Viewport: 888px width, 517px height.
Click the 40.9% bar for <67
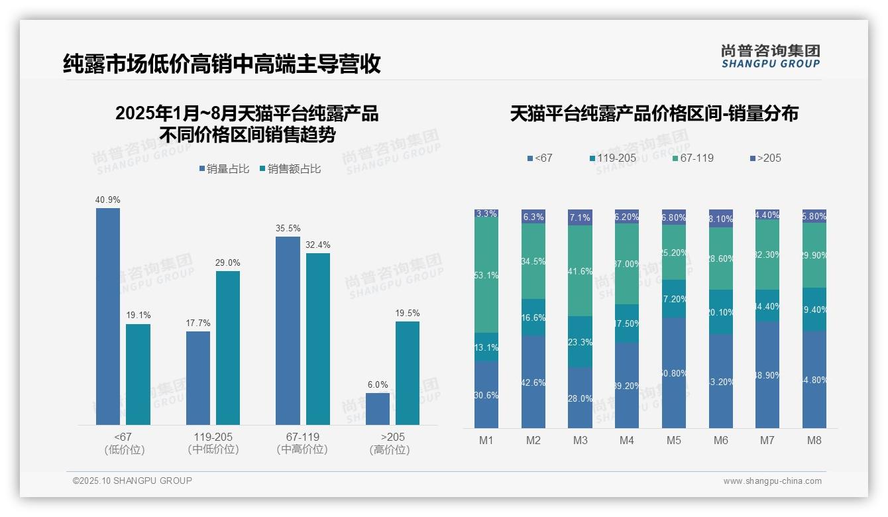[108, 316]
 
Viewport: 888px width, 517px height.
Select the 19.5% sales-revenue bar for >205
[408, 373]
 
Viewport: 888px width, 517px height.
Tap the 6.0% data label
[378, 384]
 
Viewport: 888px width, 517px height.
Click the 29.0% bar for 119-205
[228, 347]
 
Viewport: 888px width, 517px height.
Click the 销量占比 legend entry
[224, 169]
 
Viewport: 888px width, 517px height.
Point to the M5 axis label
[674, 440]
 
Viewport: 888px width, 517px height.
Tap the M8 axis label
[814, 440]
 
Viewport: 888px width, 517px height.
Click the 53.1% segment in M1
[486, 275]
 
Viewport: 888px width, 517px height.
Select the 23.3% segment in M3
[580, 342]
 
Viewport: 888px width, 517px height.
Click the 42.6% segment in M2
[533, 382]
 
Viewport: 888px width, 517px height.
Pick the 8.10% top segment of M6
[721, 219]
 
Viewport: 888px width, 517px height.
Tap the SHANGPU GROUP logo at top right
[771, 56]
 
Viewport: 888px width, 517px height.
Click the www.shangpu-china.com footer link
[772, 481]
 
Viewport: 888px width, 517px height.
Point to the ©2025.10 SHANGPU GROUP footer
[133, 481]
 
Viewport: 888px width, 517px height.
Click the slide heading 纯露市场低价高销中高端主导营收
[222, 64]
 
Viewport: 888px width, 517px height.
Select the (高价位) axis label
[389, 450]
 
